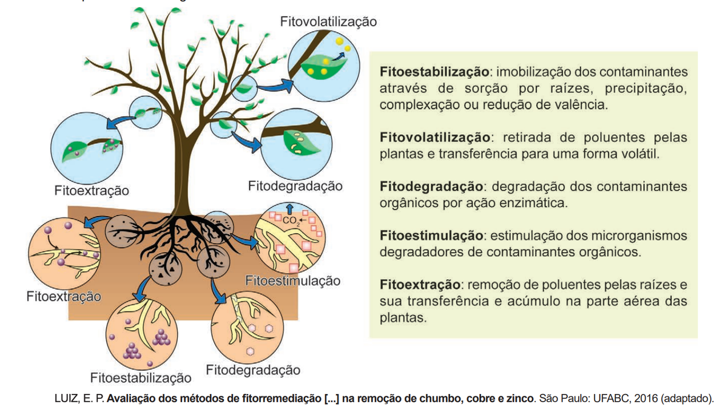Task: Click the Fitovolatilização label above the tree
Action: [x=328, y=22]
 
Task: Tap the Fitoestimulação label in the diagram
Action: [x=292, y=280]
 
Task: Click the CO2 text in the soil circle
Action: [x=289, y=220]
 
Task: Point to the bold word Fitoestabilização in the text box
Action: [x=434, y=72]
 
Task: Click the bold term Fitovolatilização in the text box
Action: [x=435, y=138]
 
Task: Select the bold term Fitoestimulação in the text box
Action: [x=431, y=236]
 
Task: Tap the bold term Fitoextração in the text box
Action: [x=420, y=285]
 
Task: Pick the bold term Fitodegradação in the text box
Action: [x=431, y=187]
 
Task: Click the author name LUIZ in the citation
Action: [x=66, y=398]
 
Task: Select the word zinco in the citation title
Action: [x=518, y=398]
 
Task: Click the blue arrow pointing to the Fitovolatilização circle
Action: [x=275, y=86]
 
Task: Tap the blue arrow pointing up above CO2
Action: [x=289, y=209]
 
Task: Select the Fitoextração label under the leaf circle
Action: [x=92, y=191]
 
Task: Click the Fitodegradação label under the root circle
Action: [x=253, y=370]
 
